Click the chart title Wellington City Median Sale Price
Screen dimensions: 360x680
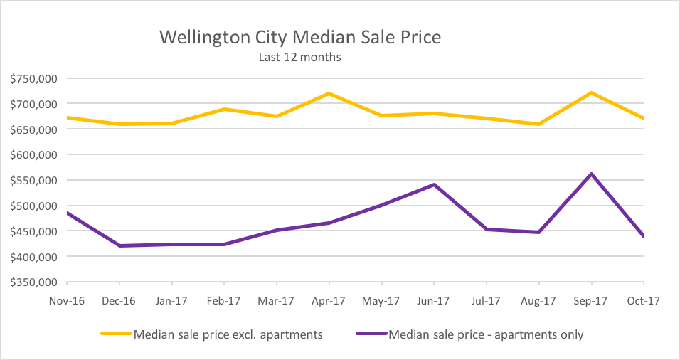pyautogui.click(x=299, y=37)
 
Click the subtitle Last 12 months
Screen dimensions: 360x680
pyautogui.click(x=299, y=57)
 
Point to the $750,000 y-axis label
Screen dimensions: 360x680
pyautogui.click(x=33, y=78)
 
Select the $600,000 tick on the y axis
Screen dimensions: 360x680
pyautogui.click(x=33, y=154)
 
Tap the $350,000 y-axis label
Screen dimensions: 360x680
pyautogui.click(x=33, y=282)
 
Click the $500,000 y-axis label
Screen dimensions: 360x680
pyautogui.click(x=33, y=206)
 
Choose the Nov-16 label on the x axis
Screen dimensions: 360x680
pyautogui.click(x=67, y=301)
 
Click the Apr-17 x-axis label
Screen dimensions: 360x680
pyautogui.click(x=329, y=301)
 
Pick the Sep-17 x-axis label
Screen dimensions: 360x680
pyautogui.click(x=591, y=301)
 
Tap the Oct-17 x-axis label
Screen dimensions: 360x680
pyautogui.click(x=643, y=301)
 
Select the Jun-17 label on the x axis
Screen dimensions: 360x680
pyautogui.click(x=434, y=301)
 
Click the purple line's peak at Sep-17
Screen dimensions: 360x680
pyautogui.click(x=591, y=174)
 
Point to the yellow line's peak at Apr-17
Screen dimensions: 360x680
pyautogui.click(x=329, y=93)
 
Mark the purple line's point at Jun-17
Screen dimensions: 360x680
pyautogui.click(x=434, y=184)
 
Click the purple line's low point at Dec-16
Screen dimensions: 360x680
pyautogui.click(x=119, y=245)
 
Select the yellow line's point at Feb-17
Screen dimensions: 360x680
pyautogui.click(x=224, y=109)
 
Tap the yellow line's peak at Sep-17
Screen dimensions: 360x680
pyautogui.click(x=591, y=92)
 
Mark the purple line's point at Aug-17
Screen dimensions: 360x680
pyautogui.click(x=538, y=232)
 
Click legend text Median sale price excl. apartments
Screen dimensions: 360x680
pyautogui.click(x=228, y=334)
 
